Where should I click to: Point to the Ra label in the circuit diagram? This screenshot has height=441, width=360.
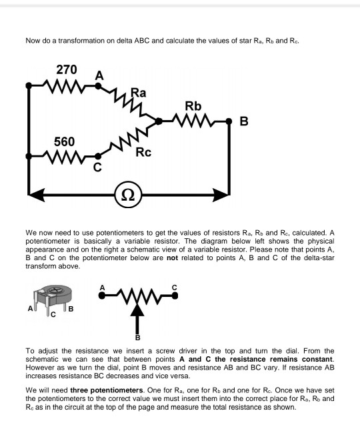pyautogui.click(x=139, y=92)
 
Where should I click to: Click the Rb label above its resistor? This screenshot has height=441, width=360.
pyautogui.click(x=193, y=106)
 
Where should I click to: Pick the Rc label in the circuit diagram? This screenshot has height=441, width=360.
pyautogui.click(x=143, y=153)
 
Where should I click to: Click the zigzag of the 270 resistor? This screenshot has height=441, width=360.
pyautogui.click(x=62, y=85)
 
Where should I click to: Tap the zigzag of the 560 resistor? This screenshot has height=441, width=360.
pyautogui.click(x=62, y=157)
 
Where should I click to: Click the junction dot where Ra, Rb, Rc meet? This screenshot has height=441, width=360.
pyautogui.click(x=158, y=121)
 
